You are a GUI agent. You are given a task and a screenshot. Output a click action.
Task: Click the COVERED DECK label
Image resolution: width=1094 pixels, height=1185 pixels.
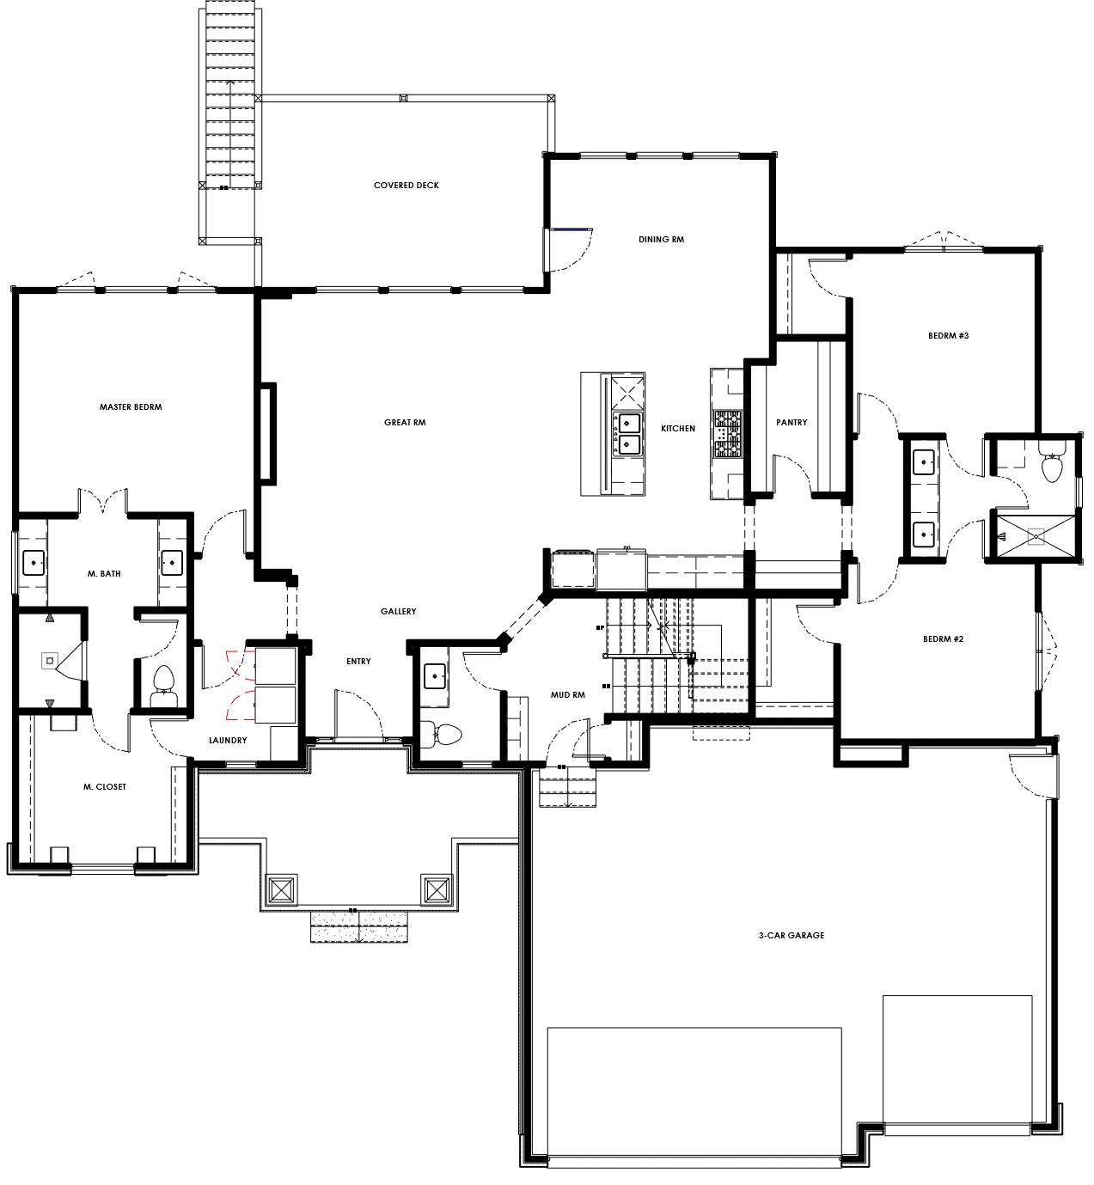pyautogui.click(x=406, y=186)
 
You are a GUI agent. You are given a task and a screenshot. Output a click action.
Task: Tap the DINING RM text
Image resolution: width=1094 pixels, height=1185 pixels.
pyautogui.click(x=661, y=239)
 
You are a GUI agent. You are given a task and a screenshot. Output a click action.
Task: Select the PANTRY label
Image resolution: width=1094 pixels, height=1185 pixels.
pyautogui.click(x=791, y=423)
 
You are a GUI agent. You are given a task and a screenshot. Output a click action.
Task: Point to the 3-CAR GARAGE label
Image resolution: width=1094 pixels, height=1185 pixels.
pyautogui.click(x=791, y=935)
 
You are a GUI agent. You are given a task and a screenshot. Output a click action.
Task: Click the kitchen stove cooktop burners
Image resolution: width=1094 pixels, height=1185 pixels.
pyautogui.click(x=728, y=434)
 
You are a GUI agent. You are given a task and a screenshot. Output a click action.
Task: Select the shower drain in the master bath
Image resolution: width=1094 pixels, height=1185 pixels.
pyautogui.click(x=49, y=661)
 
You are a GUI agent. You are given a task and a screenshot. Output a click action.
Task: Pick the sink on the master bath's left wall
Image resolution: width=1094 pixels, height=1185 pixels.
pyautogui.click(x=34, y=563)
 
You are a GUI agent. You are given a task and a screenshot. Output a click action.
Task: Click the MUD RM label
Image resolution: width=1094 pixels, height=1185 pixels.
pyautogui.click(x=567, y=695)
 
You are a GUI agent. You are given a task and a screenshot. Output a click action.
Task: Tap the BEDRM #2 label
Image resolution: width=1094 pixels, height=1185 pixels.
pyautogui.click(x=943, y=639)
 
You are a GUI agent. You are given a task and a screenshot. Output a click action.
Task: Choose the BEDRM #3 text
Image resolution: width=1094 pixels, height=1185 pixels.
pyautogui.click(x=949, y=336)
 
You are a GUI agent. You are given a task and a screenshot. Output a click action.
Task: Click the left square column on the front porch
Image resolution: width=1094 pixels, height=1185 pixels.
pyautogui.click(x=282, y=890)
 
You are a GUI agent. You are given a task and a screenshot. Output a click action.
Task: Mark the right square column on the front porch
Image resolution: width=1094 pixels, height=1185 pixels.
pyautogui.click(x=437, y=890)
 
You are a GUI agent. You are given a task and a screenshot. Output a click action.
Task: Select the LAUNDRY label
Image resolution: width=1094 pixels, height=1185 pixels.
pyautogui.click(x=228, y=741)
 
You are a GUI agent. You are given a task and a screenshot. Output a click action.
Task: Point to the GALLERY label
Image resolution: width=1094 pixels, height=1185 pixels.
pyautogui.click(x=399, y=612)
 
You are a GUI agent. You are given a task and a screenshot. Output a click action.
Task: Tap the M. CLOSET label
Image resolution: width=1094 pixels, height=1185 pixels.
pyautogui.click(x=105, y=787)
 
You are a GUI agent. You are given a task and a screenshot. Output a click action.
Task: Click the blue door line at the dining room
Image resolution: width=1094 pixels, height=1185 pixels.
pyautogui.click(x=571, y=229)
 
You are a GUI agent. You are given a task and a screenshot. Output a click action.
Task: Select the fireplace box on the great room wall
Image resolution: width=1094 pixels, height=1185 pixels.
pyautogui.click(x=268, y=434)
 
